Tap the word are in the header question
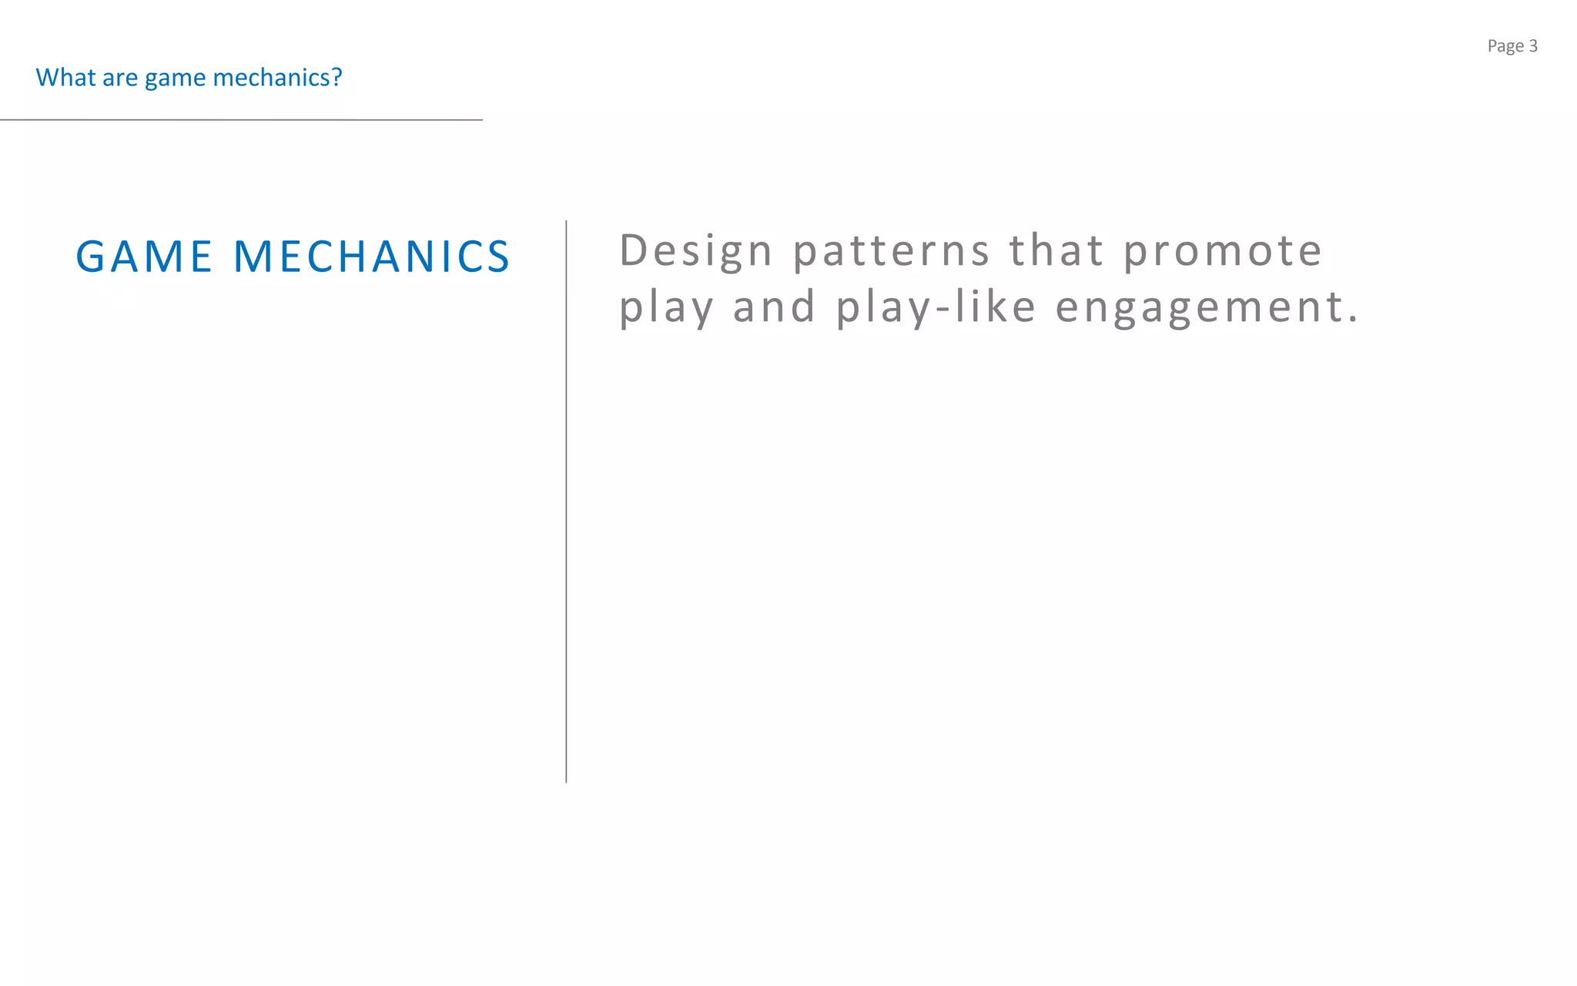(x=120, y=78)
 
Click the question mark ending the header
(x=337, y=78)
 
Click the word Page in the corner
(x=1505, y=46)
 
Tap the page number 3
(x=1533, y=46)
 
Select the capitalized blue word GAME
(x=144, y=257)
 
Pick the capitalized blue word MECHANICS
(x=371, y=257)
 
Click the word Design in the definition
(x=696, y=251)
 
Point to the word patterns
(x=892, y=251)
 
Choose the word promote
(x=1223, y=252)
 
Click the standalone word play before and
(x=667, y=307)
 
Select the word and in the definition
(x=774, y=307)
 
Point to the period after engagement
(x=1353, y=320)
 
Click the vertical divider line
(x=566, y=501)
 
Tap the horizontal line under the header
(x=241, y=120)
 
